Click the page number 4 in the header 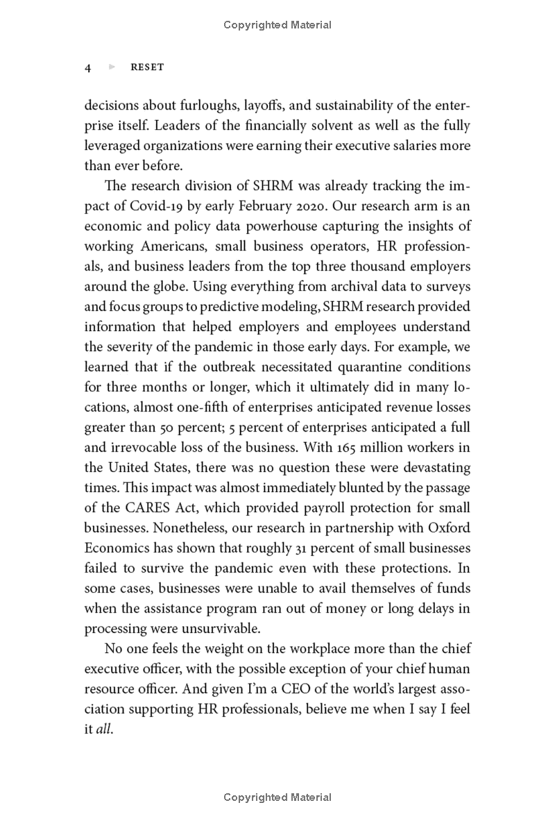point(88,68)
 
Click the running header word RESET point(147,68)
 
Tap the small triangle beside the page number point(112,67)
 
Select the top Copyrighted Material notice point(277,25)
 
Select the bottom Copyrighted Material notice point(277,798)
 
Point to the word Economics point(114,548)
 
